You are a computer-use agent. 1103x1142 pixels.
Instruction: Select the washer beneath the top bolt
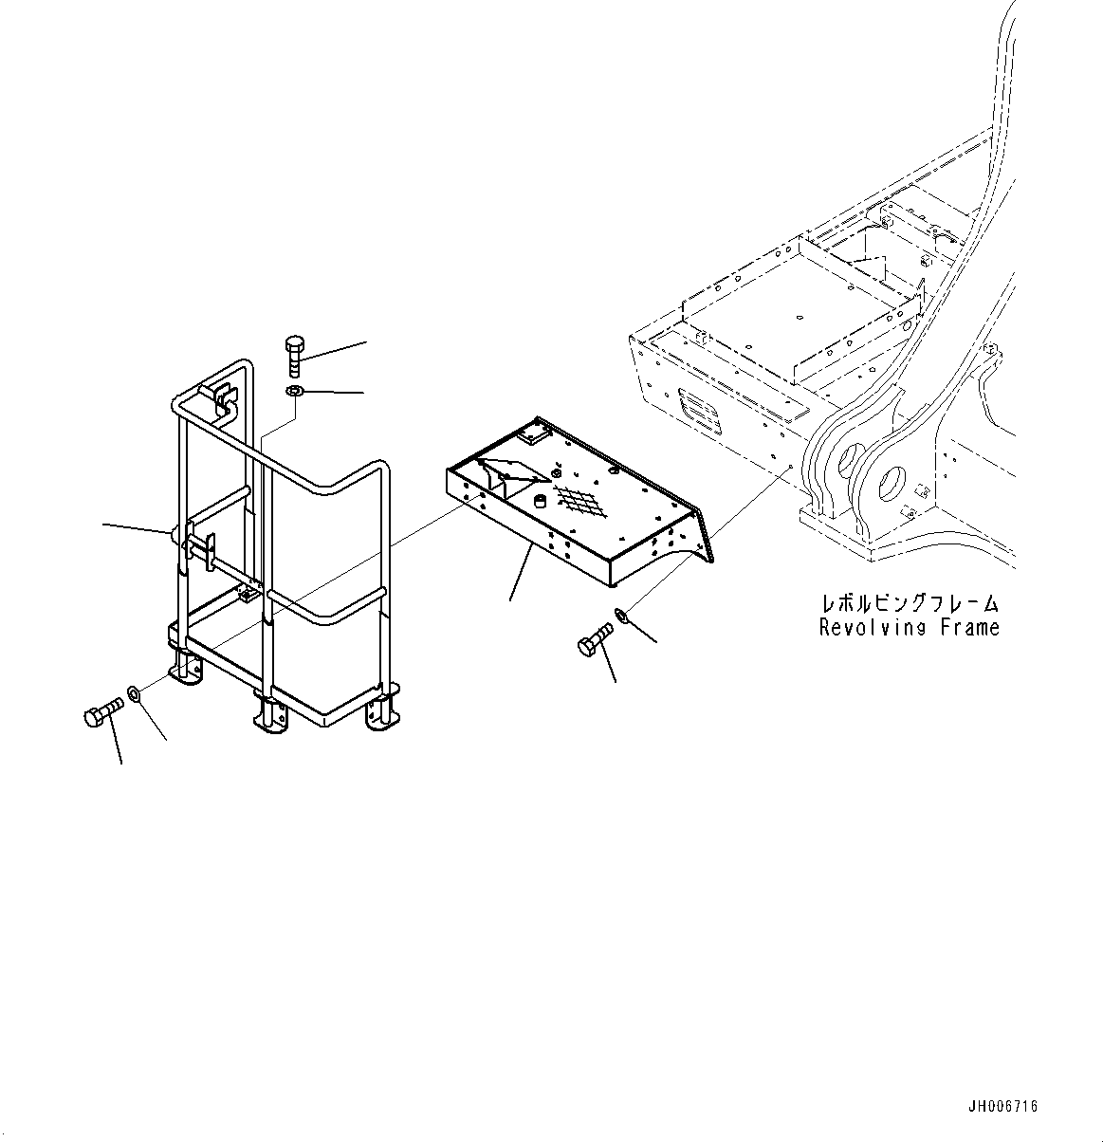294,392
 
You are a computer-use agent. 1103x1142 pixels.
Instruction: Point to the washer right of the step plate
623,616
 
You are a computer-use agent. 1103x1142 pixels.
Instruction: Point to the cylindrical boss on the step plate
542,501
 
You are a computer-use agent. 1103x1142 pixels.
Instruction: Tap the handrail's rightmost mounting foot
382,712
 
